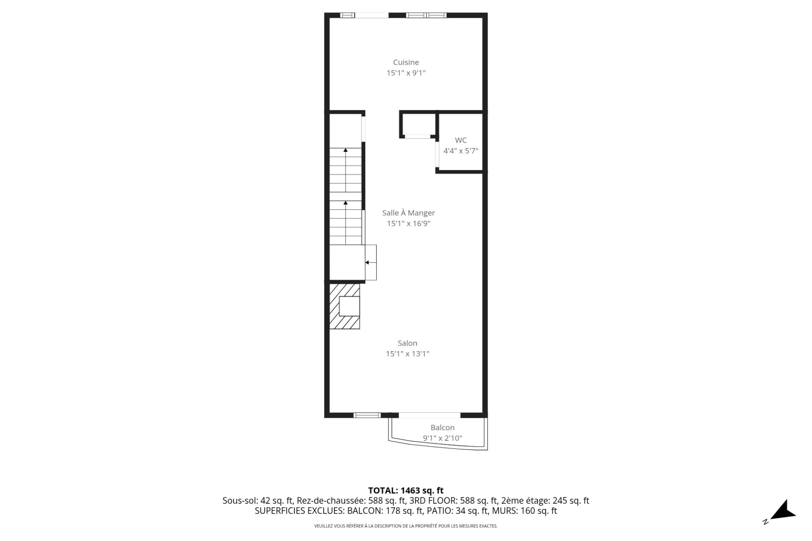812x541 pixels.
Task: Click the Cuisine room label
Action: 406,63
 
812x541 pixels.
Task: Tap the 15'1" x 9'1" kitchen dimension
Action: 406,73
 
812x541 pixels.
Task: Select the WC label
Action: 461,140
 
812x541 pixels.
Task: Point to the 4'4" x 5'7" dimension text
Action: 461,151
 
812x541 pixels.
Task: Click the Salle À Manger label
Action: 408,213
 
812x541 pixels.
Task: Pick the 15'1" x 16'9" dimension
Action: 408,223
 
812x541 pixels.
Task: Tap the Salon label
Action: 407,343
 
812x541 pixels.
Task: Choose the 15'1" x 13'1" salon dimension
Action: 407,354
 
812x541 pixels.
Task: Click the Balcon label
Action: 442,428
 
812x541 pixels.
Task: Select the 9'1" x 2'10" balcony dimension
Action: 442,438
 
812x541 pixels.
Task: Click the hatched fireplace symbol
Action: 345,306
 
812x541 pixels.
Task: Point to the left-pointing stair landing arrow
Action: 368,263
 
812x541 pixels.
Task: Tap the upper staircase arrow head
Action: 346,150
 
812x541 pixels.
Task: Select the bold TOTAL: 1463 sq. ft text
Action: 406,491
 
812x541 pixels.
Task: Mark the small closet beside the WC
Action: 418,124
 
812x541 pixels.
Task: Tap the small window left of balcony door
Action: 367,415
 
